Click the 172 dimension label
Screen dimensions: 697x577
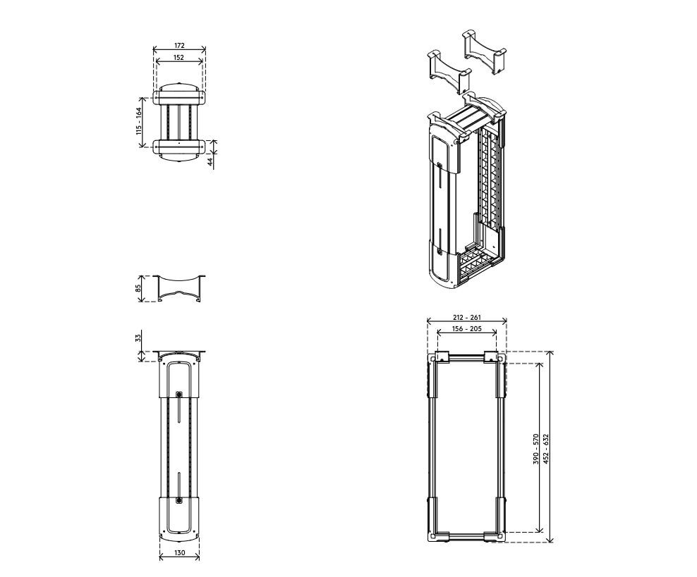click(179, 45)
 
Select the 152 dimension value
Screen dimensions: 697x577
click(178, 57)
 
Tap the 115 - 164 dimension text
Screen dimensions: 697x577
click(139, 121)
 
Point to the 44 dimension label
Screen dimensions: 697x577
click(211, 160)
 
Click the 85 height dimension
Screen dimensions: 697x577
click(138, 288)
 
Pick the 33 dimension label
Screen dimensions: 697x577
click(138, 337)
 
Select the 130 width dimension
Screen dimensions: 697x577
click(180, 552)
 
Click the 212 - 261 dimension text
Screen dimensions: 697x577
click(467, 317)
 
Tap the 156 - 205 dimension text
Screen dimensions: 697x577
click(467, 329)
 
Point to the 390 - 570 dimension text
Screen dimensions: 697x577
click(536, 449)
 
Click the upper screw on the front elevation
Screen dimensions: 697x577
click(179, 394)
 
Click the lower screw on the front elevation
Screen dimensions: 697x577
click(179, 500)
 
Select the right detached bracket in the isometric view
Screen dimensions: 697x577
click(485, 52)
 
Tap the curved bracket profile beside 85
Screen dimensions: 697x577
click(180, 289)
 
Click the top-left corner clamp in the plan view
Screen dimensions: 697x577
click(442, 357)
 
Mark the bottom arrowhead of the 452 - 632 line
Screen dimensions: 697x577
click(551, 539)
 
